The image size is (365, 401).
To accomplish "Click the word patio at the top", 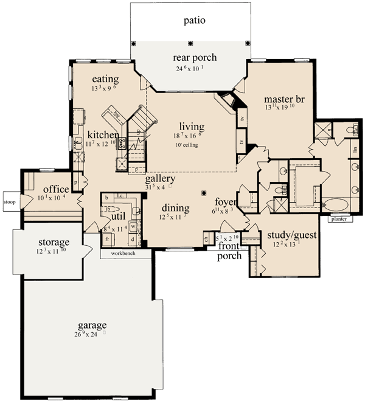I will coord(195,20).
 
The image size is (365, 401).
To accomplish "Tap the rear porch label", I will coord(195,58).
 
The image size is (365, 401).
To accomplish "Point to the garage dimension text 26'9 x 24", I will coord(92,333).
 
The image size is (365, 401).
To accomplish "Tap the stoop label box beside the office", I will coord(9,200).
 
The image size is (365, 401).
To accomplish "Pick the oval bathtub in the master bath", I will coord(334,204).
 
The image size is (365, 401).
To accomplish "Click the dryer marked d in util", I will coord(133,239).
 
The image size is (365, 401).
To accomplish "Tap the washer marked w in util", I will coord(133,225).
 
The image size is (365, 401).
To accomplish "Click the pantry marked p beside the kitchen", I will coord(76,181).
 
